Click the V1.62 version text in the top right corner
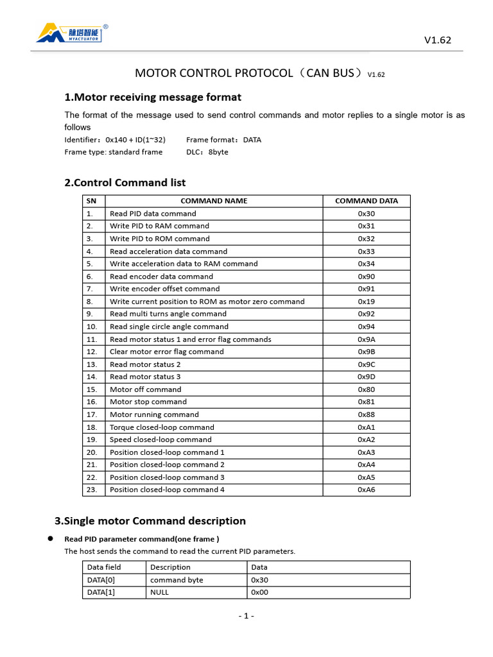tap(438, 40)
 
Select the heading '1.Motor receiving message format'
tap(153, 97)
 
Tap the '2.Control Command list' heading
tap(125, 182)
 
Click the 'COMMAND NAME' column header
tap(214, 201)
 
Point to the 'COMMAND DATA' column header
tap(366, 201)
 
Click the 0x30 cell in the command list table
tap(366, 214)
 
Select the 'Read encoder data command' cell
tap(161, 277)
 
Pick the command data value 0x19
tap(366, 302)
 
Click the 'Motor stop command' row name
tap(148, 402)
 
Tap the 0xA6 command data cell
tap(366, 490)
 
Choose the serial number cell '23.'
tap(91, 490)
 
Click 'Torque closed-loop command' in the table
tap(162, 427)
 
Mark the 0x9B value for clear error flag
tap(366, 352)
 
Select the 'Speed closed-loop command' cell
tap(160, 439)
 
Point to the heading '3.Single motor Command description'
tap(150, 520)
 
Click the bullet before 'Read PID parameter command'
tap(49, 538)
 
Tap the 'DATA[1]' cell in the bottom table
tap(101, 592)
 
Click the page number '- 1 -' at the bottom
tap(246, 616)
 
